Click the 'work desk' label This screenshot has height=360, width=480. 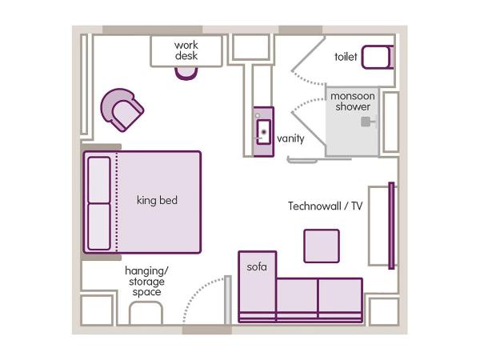[186, 50]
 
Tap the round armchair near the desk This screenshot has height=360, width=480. [122, 109]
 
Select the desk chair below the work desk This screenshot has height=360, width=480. [186, 72]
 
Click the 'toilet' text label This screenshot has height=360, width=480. [346, 57]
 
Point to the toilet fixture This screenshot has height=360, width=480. [377, 57]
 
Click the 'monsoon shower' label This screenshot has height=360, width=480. [353, 102]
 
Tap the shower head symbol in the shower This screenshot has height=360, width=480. [368, 122]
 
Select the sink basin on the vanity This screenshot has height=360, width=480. [262, 129]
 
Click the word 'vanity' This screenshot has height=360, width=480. [290, 138]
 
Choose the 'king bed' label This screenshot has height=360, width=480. [157, 200]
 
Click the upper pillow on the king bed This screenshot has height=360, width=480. [99, 179]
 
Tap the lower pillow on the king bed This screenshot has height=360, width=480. [99, 226]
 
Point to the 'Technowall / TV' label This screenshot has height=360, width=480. [326, 206]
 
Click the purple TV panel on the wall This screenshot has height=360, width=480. [391, 226]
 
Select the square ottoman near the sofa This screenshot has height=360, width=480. [321, 246]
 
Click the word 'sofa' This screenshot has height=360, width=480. [256, 266]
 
